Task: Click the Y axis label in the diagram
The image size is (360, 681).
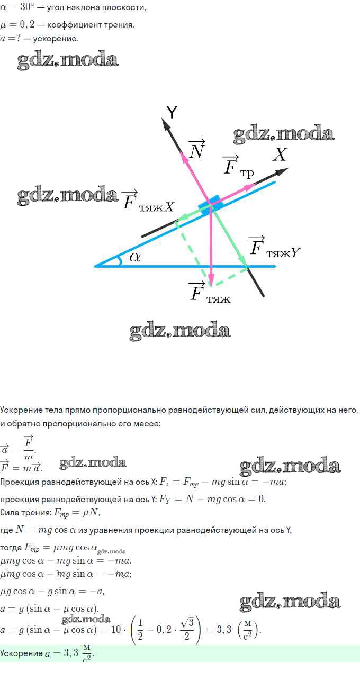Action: [x=172, y=113]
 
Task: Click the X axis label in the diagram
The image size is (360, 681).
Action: [x=280, y=155]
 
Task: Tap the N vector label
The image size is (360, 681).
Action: [x=197, y=149]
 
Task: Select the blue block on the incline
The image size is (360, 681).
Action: [x=210, y=204]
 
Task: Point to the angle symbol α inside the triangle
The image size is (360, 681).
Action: [x=135, y=257]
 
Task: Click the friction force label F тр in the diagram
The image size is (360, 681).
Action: [x=238, y=167]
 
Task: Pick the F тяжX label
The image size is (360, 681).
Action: [x=148, y=201]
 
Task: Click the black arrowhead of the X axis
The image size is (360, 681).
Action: [x=282, y=172]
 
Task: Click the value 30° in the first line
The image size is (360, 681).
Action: [x=25, y=7]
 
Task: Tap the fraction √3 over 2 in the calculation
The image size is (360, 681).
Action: [x=187, y=629]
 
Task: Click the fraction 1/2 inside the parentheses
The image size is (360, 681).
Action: [x=140, y=629]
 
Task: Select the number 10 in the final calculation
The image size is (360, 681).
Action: [x=115, y=629]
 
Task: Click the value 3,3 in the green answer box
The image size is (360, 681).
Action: [x=71, y=652]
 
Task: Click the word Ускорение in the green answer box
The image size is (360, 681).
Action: [x=21, y=653]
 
